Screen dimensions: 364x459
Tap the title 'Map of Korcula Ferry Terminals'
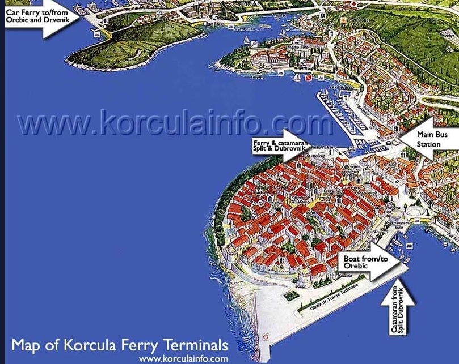point(120,345)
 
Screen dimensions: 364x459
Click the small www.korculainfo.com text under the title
point(183,358)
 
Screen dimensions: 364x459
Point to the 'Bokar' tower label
point(301,286)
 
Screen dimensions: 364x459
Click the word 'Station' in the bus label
point(429,144)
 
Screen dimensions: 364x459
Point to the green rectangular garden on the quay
point(291,295)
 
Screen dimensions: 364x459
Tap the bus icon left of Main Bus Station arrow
point(391,143)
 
